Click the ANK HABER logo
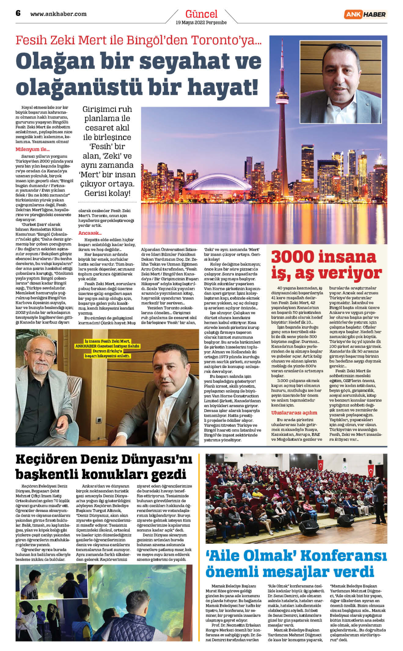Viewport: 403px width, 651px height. [x=365, y=14]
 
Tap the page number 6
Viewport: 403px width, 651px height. [x=18, y=13]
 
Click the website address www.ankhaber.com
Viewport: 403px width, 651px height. [x=58, y=14]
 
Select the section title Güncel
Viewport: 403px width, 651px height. [x=201, y=14]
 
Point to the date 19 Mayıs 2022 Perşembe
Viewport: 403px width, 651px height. [x=201, y=23]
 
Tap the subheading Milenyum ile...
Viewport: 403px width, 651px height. [x=33, y=149]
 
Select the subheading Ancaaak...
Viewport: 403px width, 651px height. [x=90, y=233]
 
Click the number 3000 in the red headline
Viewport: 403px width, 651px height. [x=293, y=257]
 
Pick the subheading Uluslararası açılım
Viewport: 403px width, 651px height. [x=294, y=413]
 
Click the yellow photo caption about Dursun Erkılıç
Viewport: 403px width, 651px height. [x=108, y=348]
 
